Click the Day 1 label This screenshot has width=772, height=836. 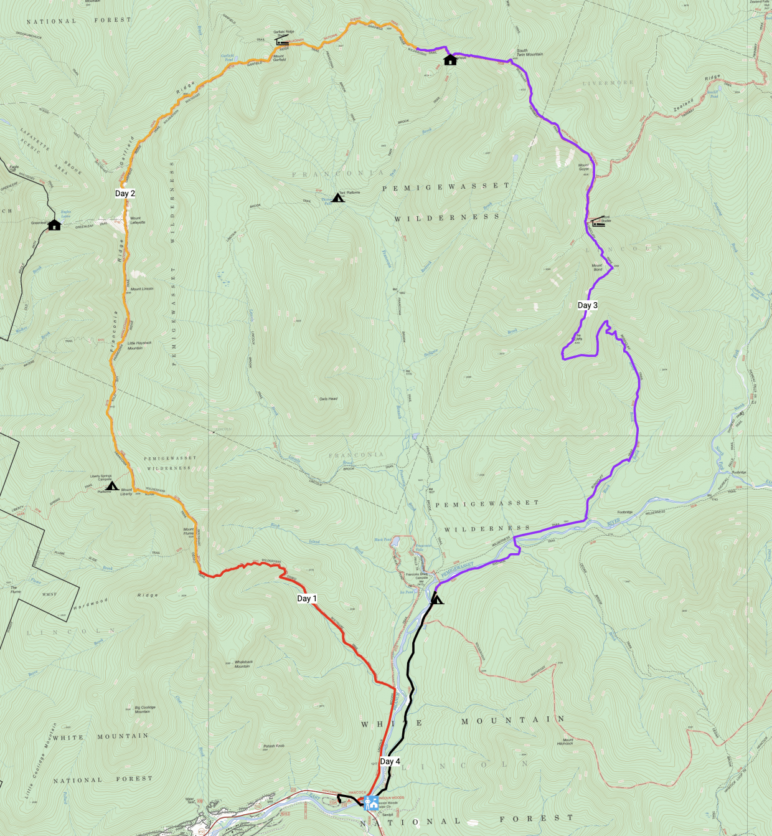[x=307, y=599]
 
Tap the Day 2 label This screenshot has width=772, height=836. [x=125, y=194]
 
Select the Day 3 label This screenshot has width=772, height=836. [x=587, y=305]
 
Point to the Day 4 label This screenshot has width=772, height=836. [x=390, y=761]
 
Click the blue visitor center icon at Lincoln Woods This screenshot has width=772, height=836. [x=370, y=802]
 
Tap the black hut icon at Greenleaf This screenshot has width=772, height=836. [x=54, y=225]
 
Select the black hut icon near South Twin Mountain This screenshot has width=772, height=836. [x=450, y=60]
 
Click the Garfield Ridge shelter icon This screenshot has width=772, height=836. [x=282, y=42]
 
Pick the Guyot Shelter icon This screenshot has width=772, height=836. [x=598, y=222]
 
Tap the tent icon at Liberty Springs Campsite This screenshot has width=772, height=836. [x=111, y=486]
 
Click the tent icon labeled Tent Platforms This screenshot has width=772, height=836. [x=338, y=198]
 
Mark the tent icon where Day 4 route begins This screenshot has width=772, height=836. [x=437, y=599]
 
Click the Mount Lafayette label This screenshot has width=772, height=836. [x=138, y=221]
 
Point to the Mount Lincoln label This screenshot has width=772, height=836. [x=142, y=289]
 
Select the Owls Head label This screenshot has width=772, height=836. [x=328, y=399]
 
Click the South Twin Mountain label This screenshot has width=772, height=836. [x=529, y=52]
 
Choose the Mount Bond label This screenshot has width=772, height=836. [x=597, y=267]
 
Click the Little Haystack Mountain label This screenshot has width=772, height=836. [x=139, y=346]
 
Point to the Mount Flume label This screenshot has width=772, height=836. [x=189, y=531]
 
